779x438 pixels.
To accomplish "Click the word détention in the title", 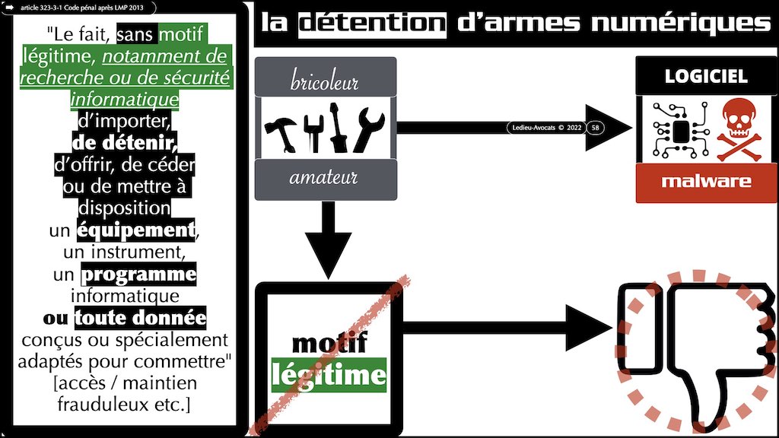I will click(x=371, y=22).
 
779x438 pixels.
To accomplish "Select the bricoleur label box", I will click(x=325, y=80).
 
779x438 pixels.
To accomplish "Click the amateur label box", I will click(x=325, y=179).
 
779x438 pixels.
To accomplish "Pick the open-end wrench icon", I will click(x=369, y=129).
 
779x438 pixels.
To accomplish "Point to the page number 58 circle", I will click(x=596, y=128).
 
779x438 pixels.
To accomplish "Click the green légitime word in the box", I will click(x=329, y=375).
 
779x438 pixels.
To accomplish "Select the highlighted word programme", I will click(x=138, y=274).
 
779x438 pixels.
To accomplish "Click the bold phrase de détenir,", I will click(x=126, y=143).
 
